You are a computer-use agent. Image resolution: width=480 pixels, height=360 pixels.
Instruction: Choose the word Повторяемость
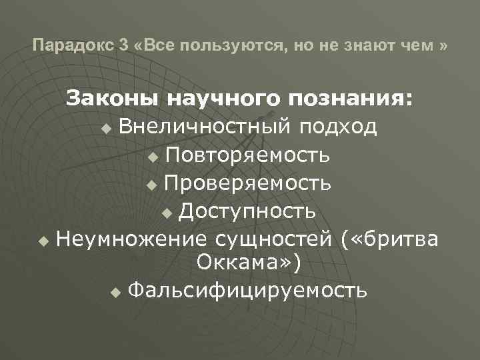pyautogui.click(x=247, y=156)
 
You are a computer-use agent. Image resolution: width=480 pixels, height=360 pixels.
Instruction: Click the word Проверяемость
pyautogui.click(x=247, y=183)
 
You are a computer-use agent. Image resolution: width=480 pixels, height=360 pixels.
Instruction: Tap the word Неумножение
pyautogui.click(x=132, y=238)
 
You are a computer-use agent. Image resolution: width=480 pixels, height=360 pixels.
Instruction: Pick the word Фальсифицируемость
pyautogui.click(x=246, y=291)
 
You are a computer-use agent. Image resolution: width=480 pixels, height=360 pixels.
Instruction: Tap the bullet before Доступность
pyautogui.click(x=167, y=213)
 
